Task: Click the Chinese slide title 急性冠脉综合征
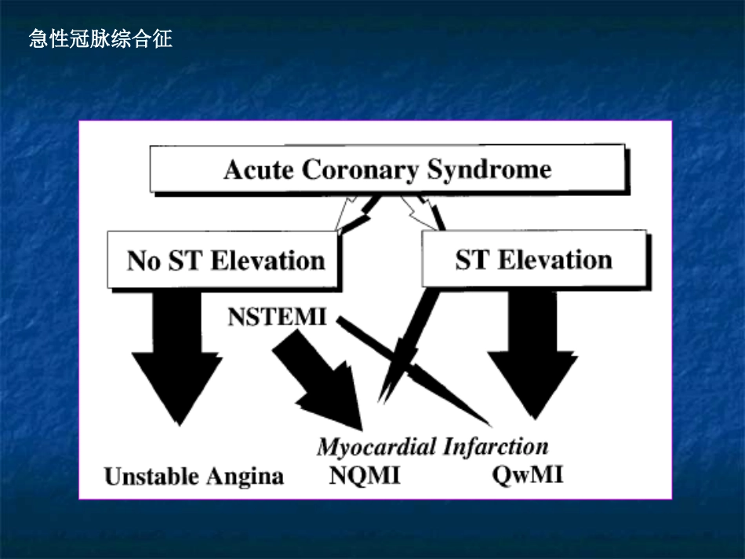(100, 38)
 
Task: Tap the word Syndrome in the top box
(489, 170)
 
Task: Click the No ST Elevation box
(225, 260)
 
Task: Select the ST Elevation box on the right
(533, 260)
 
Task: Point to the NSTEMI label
(278, 318)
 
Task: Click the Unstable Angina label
(194, 476)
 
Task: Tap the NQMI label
(365, 475)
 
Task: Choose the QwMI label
(528, 475)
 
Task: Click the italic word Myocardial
(378, 447)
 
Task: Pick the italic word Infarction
(496, 447)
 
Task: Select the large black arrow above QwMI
(532, 353)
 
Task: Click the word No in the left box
(144, 260)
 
